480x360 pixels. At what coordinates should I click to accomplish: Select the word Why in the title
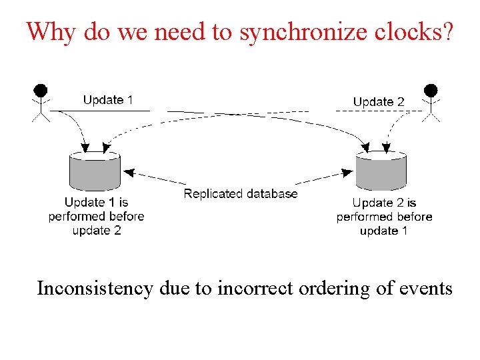(51, 31)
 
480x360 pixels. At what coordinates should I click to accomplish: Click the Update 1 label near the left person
(108, 100)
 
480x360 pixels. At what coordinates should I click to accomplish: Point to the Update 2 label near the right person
(379, 101)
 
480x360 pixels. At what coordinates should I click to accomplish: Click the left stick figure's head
(41, 89)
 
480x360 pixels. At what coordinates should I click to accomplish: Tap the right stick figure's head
(431, 90)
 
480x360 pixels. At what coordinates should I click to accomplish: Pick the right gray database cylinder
(381, 172)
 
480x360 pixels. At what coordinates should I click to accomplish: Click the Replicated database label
(241, 194)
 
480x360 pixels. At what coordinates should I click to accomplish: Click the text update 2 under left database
(97, 231)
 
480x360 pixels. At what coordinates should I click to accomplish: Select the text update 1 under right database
(383, 231)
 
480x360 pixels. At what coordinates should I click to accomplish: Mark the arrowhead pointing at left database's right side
(129, 173)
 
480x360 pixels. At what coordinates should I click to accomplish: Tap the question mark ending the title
(447, 31)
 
